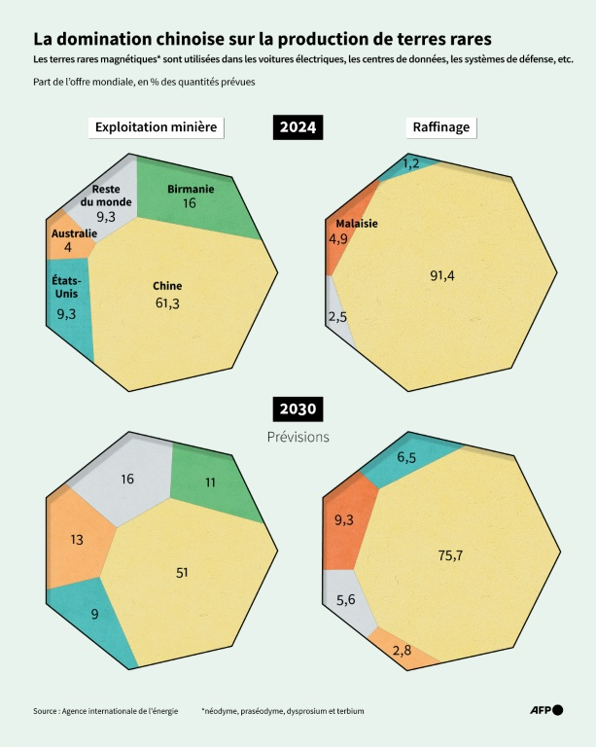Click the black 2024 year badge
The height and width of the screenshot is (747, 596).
pyautogui.click(x=298, y=127)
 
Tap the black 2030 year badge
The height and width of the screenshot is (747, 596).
pyautogui.click(x=298, y=409)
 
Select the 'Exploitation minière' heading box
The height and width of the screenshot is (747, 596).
pyautogui.click(x=157, y=127)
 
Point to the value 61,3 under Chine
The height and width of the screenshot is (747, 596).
pyautogui.click(x=166, y=303)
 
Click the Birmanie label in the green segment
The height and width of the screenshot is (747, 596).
pyautogui.click(x=191, y=189)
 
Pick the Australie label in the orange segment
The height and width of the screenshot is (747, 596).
pyautogui.click(x=74, y=233)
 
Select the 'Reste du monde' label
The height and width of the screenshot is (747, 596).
pyautogui.click(x=106, y=195)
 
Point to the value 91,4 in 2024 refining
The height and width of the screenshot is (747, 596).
pyautogui.click(x=442, y=275)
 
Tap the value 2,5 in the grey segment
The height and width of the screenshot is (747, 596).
pyautogui.click(x=338, y=316)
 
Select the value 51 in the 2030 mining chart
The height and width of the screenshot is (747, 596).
pyautogui.click(x=182, y=572)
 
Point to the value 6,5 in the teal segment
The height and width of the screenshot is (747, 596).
pyautogui.click(x=407, y=456)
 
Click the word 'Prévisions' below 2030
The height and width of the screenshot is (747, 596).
pyautogui.click(x=298, y=438)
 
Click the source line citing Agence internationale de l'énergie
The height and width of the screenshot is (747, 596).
pyautogui.click(x=106, y=711)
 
